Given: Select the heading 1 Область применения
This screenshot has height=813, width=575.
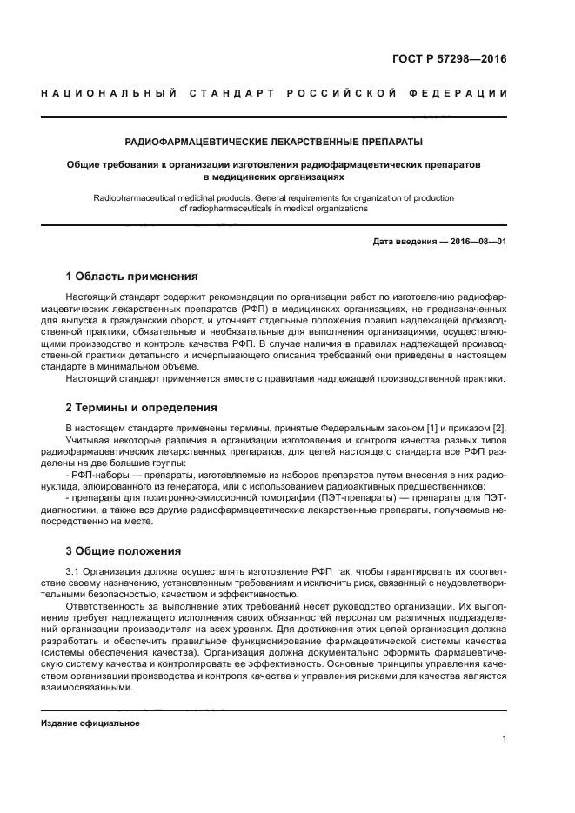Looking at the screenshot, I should coord(131,277).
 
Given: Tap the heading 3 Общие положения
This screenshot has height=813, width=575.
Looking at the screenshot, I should coord(123,550).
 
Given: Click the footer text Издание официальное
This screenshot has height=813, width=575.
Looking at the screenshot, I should coord(90,723).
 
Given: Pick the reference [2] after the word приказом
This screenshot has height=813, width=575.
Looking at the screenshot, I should coord(498,428).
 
